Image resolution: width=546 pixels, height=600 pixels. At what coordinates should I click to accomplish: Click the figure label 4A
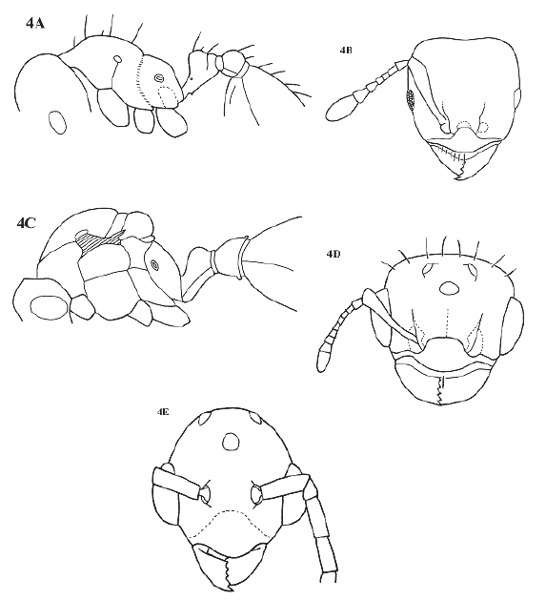point(35,24)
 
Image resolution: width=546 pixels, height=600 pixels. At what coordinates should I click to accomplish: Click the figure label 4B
point(346,50)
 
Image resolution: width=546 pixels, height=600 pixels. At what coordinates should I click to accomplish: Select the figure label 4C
point(26,222)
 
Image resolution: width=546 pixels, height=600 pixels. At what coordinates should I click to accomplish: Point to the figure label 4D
point(334,254)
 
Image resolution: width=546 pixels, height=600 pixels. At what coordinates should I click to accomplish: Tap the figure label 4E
point(164,412)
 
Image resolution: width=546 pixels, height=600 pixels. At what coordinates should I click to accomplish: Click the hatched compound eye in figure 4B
point(411,98)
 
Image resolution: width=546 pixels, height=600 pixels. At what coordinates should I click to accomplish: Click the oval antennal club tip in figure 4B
point(341,109)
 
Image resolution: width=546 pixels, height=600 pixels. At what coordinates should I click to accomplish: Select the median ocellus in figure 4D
point(449,288)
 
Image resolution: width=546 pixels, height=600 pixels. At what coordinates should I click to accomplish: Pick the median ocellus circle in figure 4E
point(233,442)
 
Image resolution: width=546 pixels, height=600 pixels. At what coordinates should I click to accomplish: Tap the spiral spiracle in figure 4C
point(155,265)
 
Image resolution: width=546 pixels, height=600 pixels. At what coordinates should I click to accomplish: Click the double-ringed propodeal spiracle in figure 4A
point(159,78)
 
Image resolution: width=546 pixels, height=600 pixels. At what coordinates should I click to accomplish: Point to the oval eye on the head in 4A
point(57,122)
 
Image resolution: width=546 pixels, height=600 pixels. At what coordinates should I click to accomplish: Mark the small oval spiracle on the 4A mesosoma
point(118,59)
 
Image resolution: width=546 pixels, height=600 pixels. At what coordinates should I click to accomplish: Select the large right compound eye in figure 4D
point(513,326)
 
